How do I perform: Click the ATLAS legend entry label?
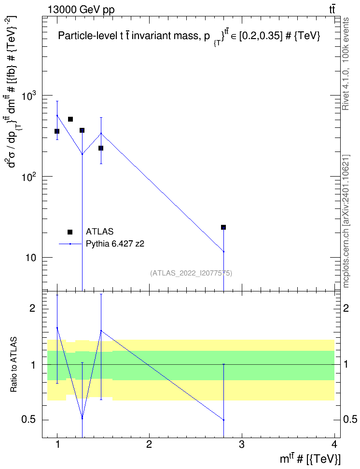tap(99, 232)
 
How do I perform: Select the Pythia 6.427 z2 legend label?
tap(115, 244)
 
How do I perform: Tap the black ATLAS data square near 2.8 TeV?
tap(223, 227)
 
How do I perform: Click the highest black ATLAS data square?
tap(70, 119)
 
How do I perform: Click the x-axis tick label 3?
tap(242, 444)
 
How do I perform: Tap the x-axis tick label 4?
tap(334, 444)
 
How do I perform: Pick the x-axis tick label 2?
tap(149, 444)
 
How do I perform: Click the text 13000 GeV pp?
tap(81, 10)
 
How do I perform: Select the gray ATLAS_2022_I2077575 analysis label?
tap(191, 273)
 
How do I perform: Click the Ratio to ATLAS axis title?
tap(14, 365)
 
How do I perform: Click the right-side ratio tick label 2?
tap(346, 308)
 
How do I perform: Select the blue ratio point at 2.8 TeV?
tap(223, 420)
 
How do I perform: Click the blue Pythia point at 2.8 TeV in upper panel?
tap(223, 251)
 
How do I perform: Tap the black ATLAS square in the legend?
tap(70, 232)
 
